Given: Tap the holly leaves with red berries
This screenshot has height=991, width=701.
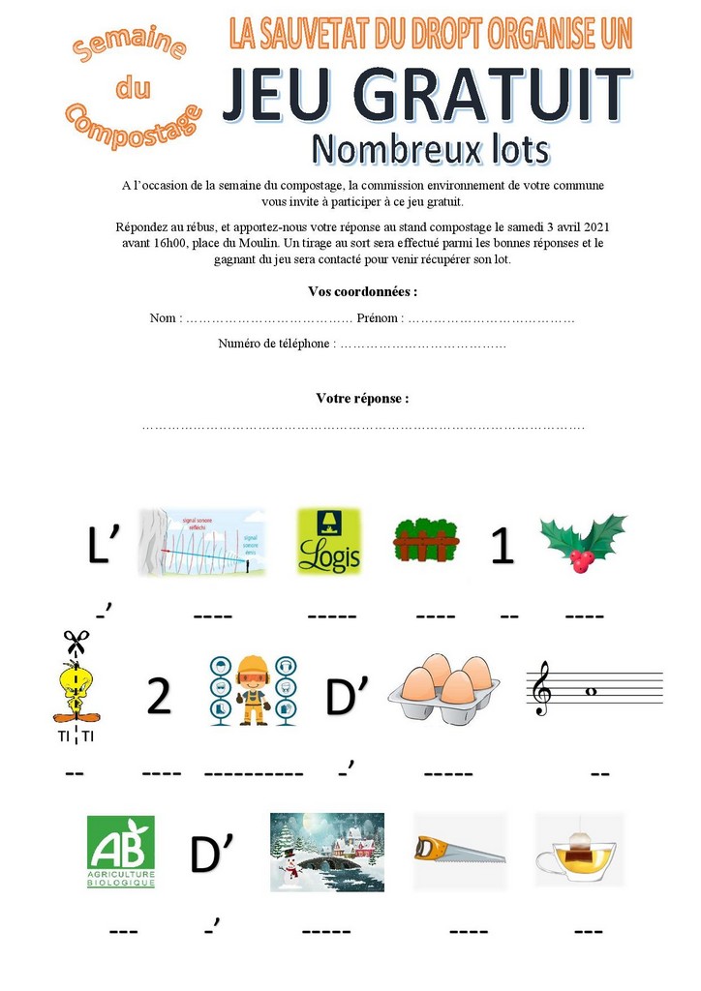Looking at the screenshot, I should [x=583, y=542].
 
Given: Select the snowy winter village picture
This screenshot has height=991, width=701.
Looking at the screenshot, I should [x=326, y=852].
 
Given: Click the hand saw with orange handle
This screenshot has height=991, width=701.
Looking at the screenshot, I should [x=458, y=850].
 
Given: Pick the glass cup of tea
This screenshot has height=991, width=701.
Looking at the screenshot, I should [x=579, y=852].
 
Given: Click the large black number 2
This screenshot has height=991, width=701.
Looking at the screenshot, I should [x=159, y=698].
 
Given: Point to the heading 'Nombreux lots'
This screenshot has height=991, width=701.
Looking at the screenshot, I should [x=430, y=150].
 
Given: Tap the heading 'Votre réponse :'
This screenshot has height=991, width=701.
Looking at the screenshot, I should [x=362, y=398].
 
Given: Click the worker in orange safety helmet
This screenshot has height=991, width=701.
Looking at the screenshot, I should [x=253, y=689].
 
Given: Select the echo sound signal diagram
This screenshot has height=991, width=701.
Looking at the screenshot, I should [x=201, y=542].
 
